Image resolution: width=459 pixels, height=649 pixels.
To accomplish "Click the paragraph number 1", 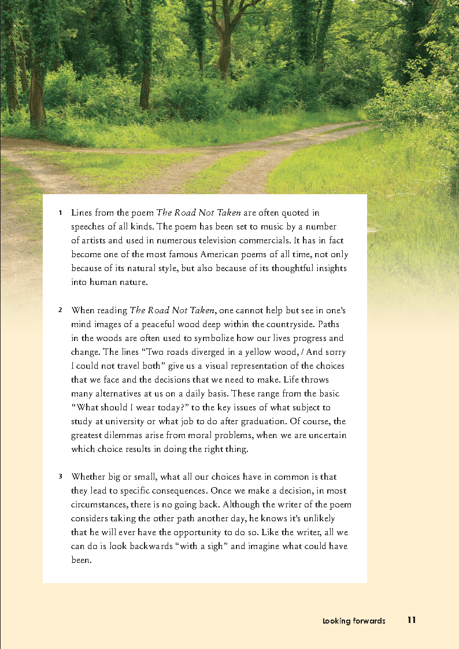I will (60, 213).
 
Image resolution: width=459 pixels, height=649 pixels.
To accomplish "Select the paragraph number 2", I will (60, 310).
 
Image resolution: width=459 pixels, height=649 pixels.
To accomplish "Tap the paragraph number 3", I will (60, 477).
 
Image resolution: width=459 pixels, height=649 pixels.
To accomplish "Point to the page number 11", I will (412, 620).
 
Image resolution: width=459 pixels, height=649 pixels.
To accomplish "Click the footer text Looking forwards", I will (354, 621).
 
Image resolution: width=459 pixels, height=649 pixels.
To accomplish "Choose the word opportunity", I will (212, 532).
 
